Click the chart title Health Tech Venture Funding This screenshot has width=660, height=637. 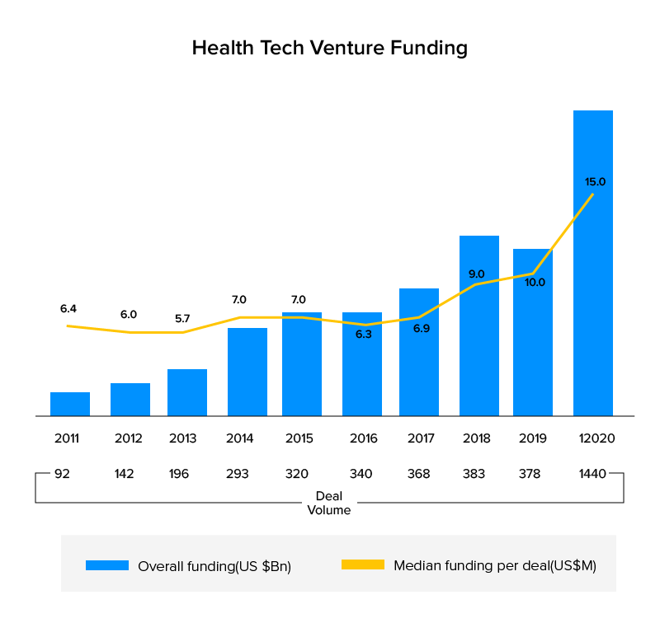click(x=329, y=48)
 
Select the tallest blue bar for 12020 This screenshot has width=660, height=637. click(x=593, y=264)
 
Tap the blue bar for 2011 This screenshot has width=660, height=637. click(x=70, y=404)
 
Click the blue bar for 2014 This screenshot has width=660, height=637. click(x=247, y=372)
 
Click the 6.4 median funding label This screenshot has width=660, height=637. click(x=68, y=308)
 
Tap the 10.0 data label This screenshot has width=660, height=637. click(x=535, y=282)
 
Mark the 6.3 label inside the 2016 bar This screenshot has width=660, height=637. click(x=363, y=334)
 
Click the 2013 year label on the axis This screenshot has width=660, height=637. click(x=182, y=438)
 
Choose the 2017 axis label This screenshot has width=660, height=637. click(x=421, y=438)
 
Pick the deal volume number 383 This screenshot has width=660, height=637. click(x=478, y=474)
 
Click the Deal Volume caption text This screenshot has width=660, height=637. click(x=329, y=504)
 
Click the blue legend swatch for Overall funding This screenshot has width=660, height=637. click(x=107, y=565)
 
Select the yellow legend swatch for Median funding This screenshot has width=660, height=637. click(x=362, y=565)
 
